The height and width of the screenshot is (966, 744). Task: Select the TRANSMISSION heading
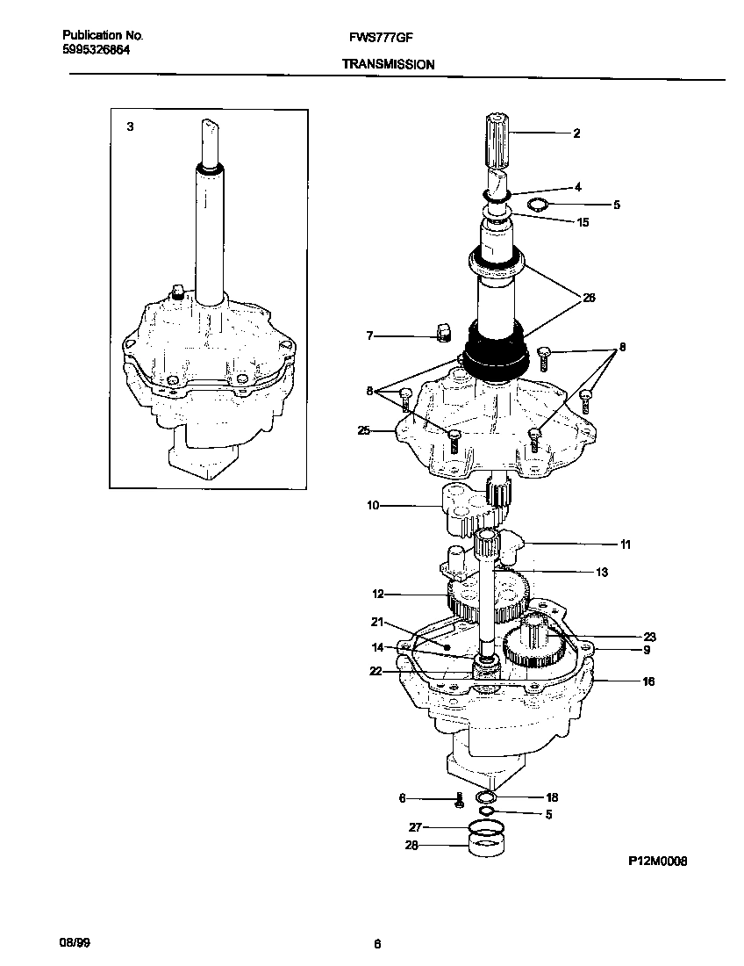[x=388, y=65]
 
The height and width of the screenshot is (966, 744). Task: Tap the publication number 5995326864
[x=97, y=50]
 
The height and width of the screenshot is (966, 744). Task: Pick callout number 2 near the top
[x=576, y=133]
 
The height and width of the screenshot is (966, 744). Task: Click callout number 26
[x=589, y=299]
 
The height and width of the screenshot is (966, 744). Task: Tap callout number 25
[x=363, y=431]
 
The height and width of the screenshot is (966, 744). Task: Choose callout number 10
[x=372, y=506]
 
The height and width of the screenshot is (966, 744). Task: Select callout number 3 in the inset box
[x=130, y=126]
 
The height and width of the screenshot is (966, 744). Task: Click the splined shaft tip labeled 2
[x=497, y=140]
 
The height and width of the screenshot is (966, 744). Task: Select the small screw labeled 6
[x=459, y=800]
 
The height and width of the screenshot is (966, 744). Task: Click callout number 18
[x=552, y=798]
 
